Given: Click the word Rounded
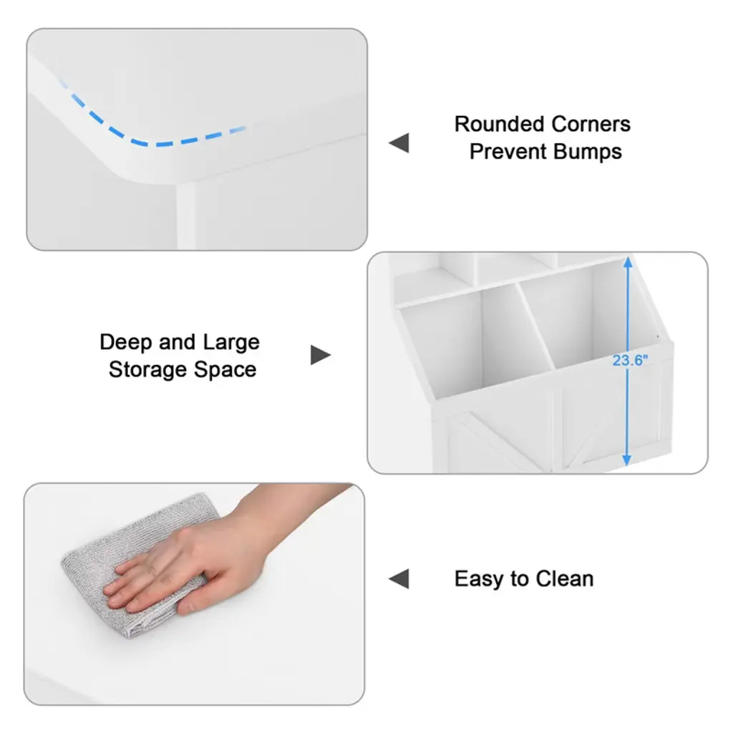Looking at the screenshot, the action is pos(498,125).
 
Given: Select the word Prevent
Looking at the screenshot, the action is pos(508,152).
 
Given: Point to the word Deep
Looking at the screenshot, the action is pos(125,343).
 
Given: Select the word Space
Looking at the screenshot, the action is pos(225,370).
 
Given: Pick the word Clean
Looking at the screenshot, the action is pos(565,578).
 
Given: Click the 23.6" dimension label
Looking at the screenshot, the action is pos(630,361).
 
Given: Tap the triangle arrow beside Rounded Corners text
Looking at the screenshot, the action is pos(399,142).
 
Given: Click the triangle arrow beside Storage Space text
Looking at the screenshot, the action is pos(321,355).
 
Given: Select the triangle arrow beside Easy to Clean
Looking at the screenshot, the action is pos(399,578).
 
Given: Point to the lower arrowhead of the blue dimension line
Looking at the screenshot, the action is pos(627,460).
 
